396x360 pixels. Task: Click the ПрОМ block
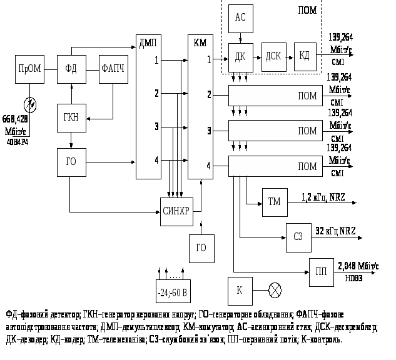pos(29,69)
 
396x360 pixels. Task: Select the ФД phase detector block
pos(71,69)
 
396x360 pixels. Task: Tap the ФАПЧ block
pos(113,69)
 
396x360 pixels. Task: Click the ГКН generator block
pos(71,117)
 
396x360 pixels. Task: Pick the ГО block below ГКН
pos(71,161)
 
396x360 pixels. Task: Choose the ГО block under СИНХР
pos(201,247)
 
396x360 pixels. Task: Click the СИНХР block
pos(175,210)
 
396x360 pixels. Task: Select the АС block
pos(240,19)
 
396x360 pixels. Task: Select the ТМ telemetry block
pos(274,202)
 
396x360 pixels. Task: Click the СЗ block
pos(298,236)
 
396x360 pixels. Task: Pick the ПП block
pos(321,272)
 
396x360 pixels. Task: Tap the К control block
pos(240,291)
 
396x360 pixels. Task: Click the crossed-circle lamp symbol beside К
pos(275,291)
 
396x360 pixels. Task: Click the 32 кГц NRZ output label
pos(335,231)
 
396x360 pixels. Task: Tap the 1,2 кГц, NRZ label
pos(323,197)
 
